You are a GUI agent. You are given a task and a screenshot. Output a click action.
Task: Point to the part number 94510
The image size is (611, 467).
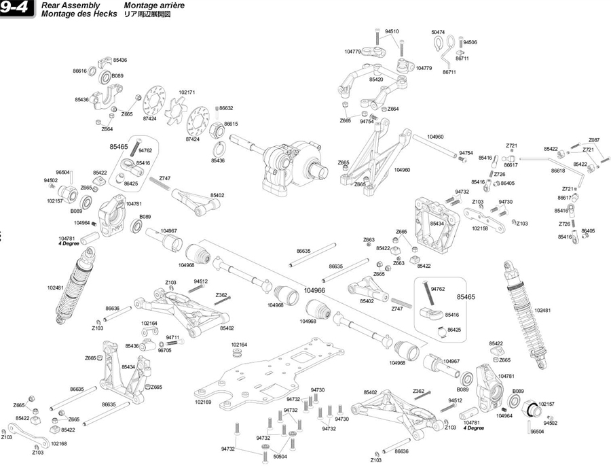392,31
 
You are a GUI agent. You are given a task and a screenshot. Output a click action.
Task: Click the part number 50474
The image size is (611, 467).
438,32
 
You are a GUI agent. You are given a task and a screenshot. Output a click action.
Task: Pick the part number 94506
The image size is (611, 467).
470,42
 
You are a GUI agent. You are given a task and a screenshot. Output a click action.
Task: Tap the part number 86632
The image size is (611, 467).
226,108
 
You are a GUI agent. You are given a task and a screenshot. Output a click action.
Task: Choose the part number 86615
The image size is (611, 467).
231,124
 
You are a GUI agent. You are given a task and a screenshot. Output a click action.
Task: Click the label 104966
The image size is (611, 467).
315,290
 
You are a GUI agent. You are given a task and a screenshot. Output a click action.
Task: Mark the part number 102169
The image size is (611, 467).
203,402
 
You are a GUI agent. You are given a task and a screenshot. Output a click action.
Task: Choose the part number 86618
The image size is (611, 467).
558,171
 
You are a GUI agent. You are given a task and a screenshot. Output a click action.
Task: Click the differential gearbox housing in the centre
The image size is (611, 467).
289,163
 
